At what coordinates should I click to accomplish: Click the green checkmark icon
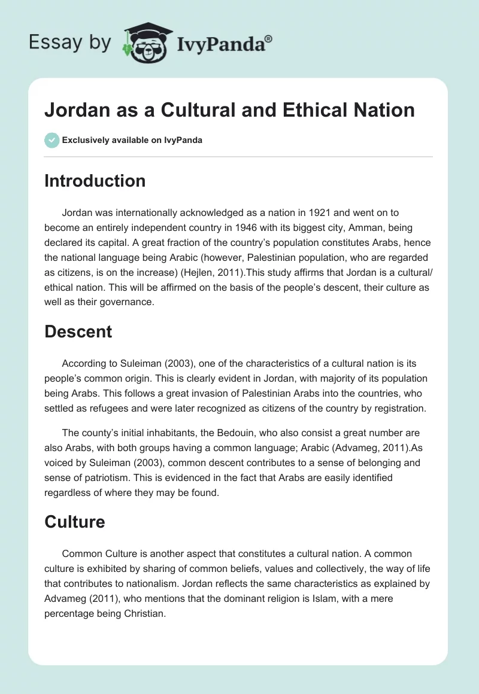pyautogui.click(x=51, y=140)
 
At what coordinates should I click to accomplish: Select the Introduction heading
pyautogui.click(x=95, y=181)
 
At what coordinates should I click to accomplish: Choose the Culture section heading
pyautogui.click(x=74, y=522)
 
